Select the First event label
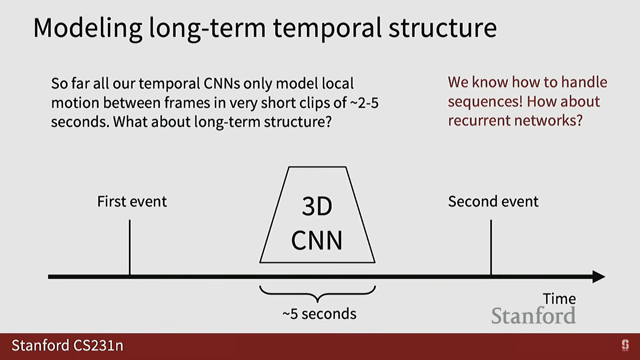132,201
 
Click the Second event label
493,201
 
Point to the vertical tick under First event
130,247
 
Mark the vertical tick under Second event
491,247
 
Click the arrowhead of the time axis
599,277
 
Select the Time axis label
559,298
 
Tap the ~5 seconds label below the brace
319,314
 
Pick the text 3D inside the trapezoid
317,206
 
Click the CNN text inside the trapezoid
317,240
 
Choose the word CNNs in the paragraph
222,83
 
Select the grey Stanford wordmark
533,315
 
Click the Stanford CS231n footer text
67,346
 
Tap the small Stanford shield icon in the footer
625,345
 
